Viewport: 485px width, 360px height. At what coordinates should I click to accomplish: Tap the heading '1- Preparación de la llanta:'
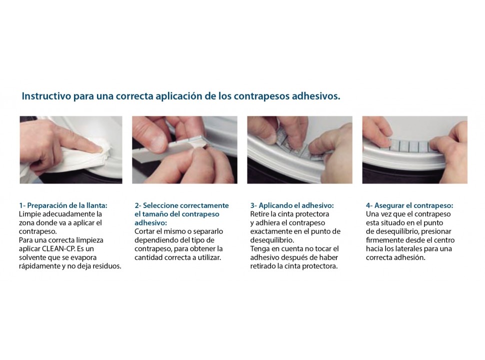coord(63,205)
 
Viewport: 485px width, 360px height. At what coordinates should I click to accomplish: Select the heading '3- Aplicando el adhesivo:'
coord(292,205)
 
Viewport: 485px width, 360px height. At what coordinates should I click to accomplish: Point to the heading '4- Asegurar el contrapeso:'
coord(409,205)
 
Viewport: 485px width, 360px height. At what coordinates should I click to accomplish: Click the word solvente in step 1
coord(32,257)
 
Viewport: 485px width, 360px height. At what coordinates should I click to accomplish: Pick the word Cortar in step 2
coord(144,231)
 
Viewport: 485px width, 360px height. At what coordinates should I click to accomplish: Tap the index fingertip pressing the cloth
coord(98,149)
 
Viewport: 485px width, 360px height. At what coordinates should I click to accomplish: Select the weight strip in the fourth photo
coord(409,145)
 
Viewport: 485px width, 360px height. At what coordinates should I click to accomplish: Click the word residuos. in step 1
coord(107,266)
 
